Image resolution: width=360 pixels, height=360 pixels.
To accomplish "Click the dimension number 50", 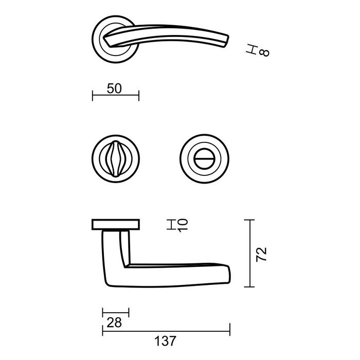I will click(114, 88).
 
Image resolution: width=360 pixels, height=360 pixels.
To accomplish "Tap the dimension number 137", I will click(166, 340).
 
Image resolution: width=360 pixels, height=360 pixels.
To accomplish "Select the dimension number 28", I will click(114, 322).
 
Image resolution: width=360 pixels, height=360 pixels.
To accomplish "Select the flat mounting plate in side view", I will click(116, 224).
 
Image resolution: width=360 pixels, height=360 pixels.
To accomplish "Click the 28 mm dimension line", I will click(116, 312).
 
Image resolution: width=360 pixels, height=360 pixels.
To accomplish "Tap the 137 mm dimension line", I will click(166, 330).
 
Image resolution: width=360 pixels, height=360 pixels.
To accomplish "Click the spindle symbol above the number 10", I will click(171, 222).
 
